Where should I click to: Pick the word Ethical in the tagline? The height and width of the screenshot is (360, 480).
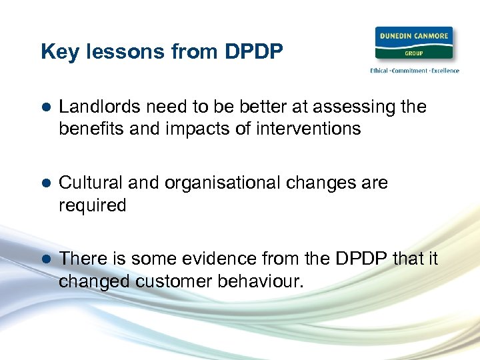click(382, 71)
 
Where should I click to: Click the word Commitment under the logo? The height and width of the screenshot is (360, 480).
click(413, 71)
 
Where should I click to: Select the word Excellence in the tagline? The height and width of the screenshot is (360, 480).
click(445, 71)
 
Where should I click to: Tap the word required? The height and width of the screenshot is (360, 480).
click(92, 206)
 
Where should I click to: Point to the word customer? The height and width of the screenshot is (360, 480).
click(174, 281)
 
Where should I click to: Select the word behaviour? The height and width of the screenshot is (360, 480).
click(261, 281)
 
